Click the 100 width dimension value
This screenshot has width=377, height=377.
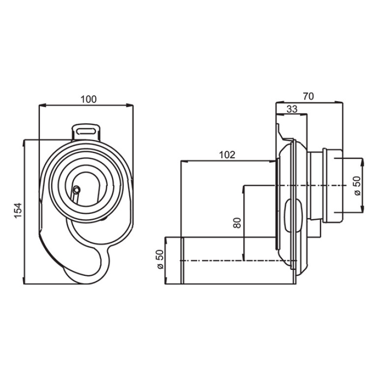coord(88,99)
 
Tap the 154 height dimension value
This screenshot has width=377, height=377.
coord(18,211)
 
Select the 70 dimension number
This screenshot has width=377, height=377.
coord(309,96)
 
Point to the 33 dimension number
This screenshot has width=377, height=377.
coord(292,109)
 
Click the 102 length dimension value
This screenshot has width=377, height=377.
coord(227,155)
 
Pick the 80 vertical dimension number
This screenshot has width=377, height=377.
coord(237,223)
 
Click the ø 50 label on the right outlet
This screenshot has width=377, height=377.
coord(357,186)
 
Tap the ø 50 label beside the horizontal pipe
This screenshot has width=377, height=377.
coord(160,260)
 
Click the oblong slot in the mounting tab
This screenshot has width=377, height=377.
coord(86,131)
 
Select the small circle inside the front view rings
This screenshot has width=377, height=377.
coord(77,190)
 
